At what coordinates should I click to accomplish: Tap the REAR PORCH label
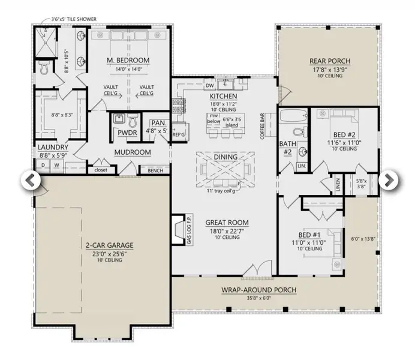coord(329,61)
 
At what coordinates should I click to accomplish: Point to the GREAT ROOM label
coord(227,223)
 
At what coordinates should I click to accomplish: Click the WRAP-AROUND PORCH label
coord(259,290)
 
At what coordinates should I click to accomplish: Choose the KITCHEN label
coord(223,96)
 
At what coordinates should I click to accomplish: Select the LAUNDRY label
coord(53,147)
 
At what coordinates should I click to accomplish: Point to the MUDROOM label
coord(132,152)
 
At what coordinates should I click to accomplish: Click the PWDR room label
coord(128,133)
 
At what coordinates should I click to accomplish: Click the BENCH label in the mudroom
coord(155,171)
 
